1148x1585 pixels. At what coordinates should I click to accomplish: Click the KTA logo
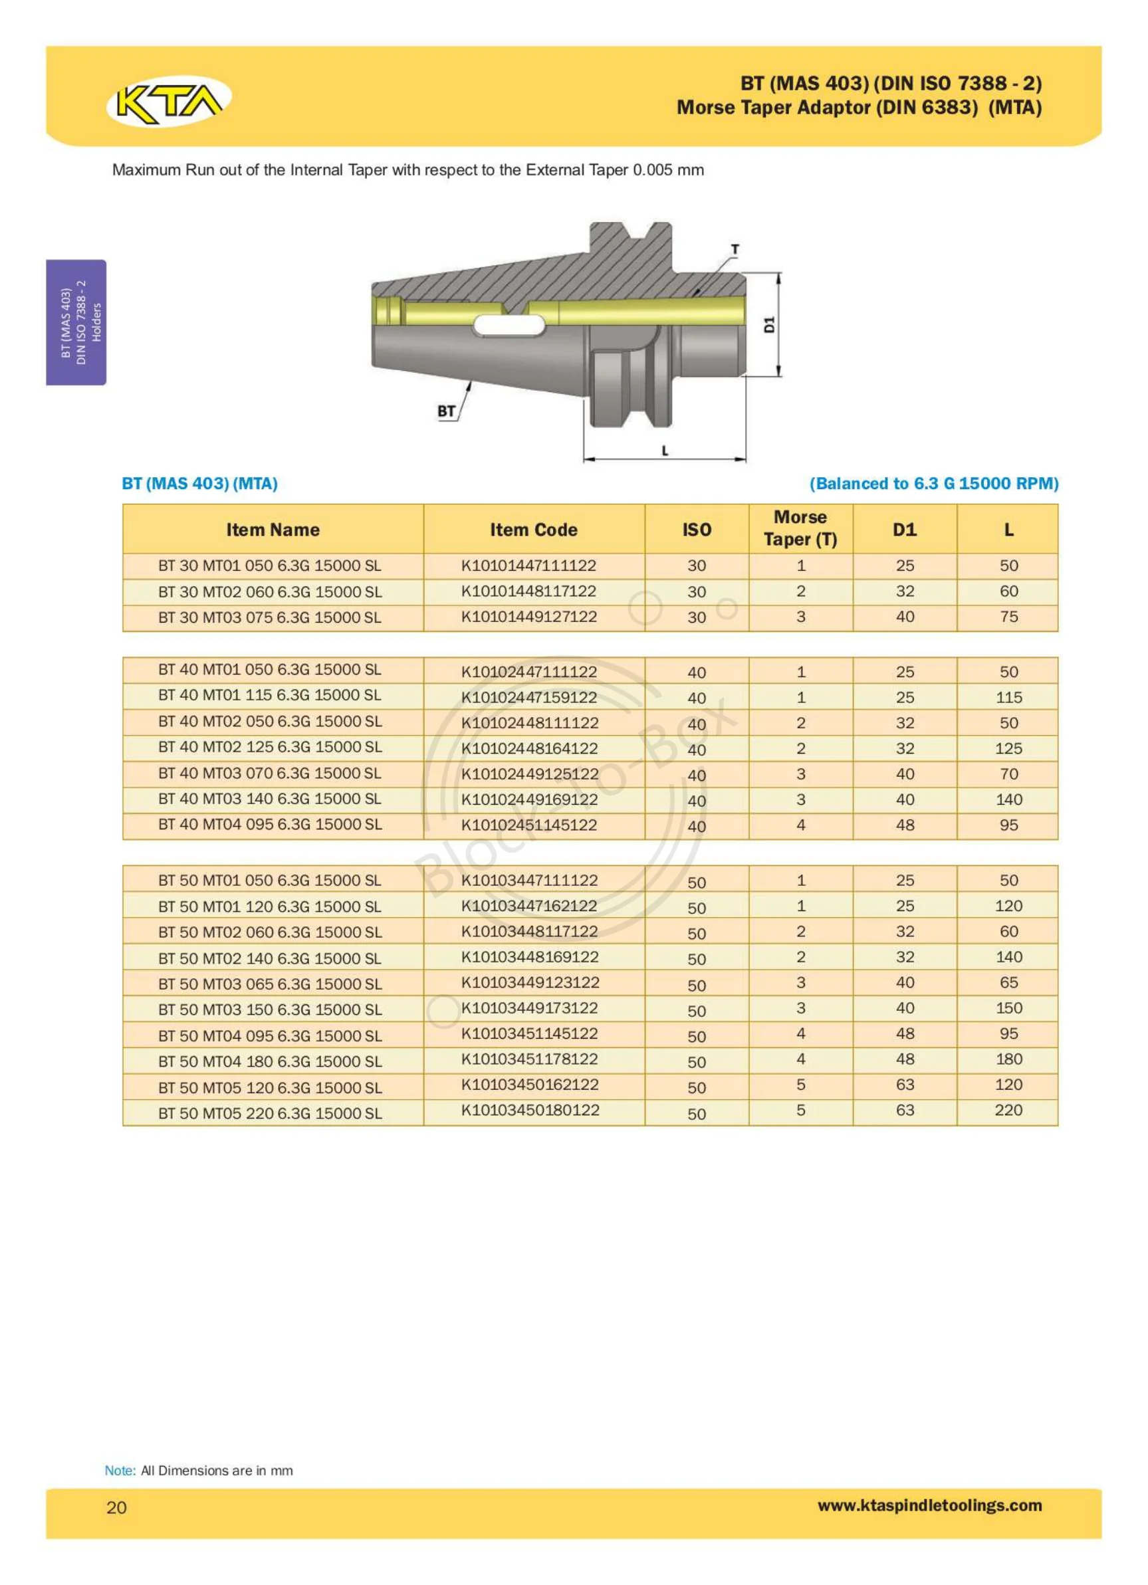(168, 101)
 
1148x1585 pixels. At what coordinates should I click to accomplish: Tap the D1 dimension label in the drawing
(769, 324)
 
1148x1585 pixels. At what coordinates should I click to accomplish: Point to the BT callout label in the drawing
(446, 411)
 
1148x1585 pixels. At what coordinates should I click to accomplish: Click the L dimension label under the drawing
(665, 451)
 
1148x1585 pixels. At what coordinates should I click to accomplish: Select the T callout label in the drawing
(735, 249)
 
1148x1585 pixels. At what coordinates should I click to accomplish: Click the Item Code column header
(533, 530)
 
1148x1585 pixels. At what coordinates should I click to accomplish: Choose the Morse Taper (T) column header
(800, 528)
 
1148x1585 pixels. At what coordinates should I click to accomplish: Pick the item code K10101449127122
(528, 617)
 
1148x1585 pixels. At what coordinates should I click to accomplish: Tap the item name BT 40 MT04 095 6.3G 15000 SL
(270, 825)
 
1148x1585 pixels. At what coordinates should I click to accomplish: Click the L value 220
(1008, 1110)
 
